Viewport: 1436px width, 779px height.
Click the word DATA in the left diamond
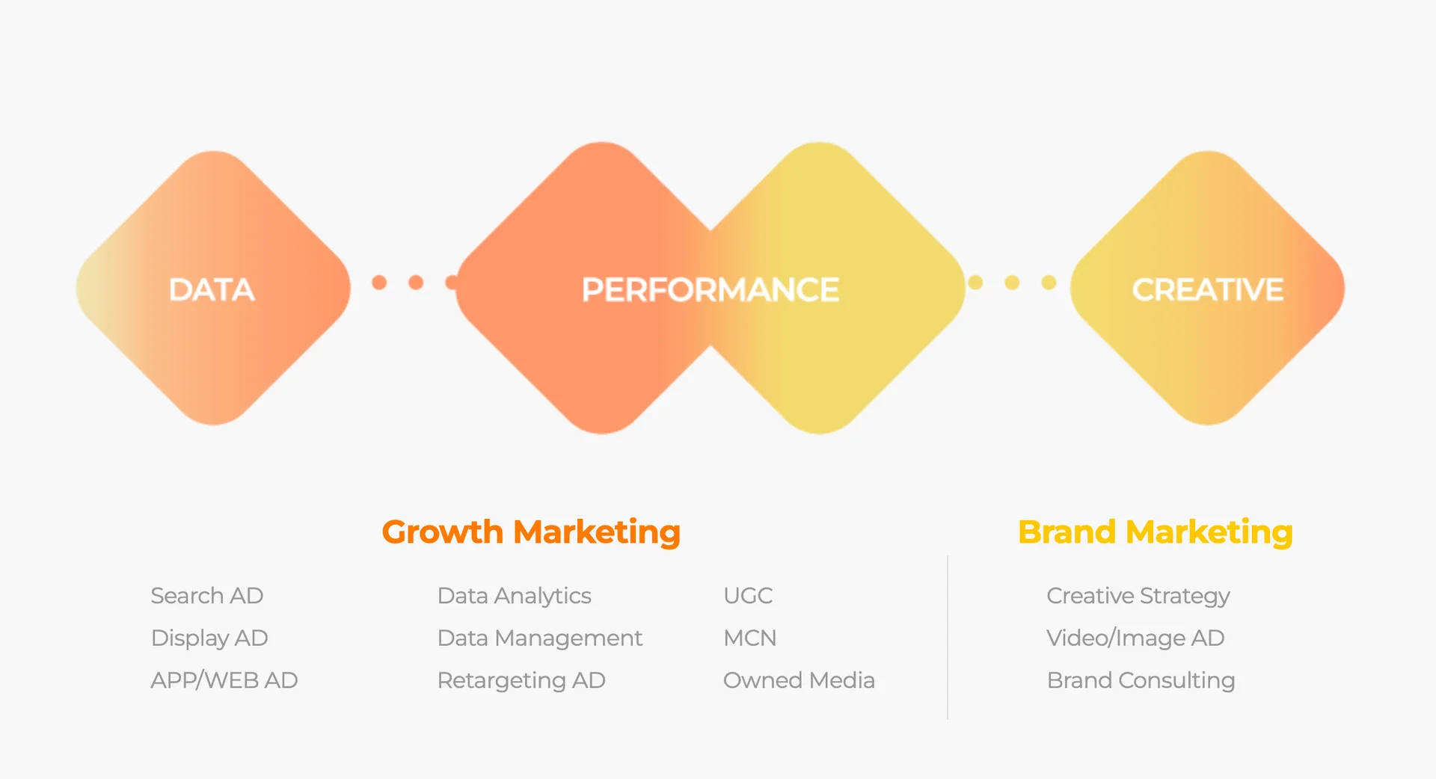coord(212,290)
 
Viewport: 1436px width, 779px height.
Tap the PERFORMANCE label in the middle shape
coord(711,290)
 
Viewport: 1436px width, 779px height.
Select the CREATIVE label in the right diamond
coord(1208,290)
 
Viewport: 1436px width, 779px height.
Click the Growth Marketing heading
coord(531,532)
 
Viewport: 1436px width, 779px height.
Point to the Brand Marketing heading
coord(1156,532)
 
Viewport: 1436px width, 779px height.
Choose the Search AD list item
coord(207,596)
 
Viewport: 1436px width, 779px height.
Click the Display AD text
coord(209,638)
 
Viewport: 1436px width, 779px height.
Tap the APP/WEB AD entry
coord(224,680)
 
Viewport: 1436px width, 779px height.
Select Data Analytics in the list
coord(515,596)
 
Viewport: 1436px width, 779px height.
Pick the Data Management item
coord(540,638)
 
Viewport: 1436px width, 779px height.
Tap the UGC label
coord(748,596)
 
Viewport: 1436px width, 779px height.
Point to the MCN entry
coord(750,638)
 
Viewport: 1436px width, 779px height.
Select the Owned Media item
coord(799,680)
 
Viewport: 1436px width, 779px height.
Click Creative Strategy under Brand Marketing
coord(1138,596)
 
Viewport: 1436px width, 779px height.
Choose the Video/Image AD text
coord(1135,638)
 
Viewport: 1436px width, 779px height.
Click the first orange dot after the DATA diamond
coord(379,283)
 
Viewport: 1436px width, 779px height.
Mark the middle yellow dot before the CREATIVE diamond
coord(1012,283)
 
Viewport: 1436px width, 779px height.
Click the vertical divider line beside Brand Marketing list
coord(948,638)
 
